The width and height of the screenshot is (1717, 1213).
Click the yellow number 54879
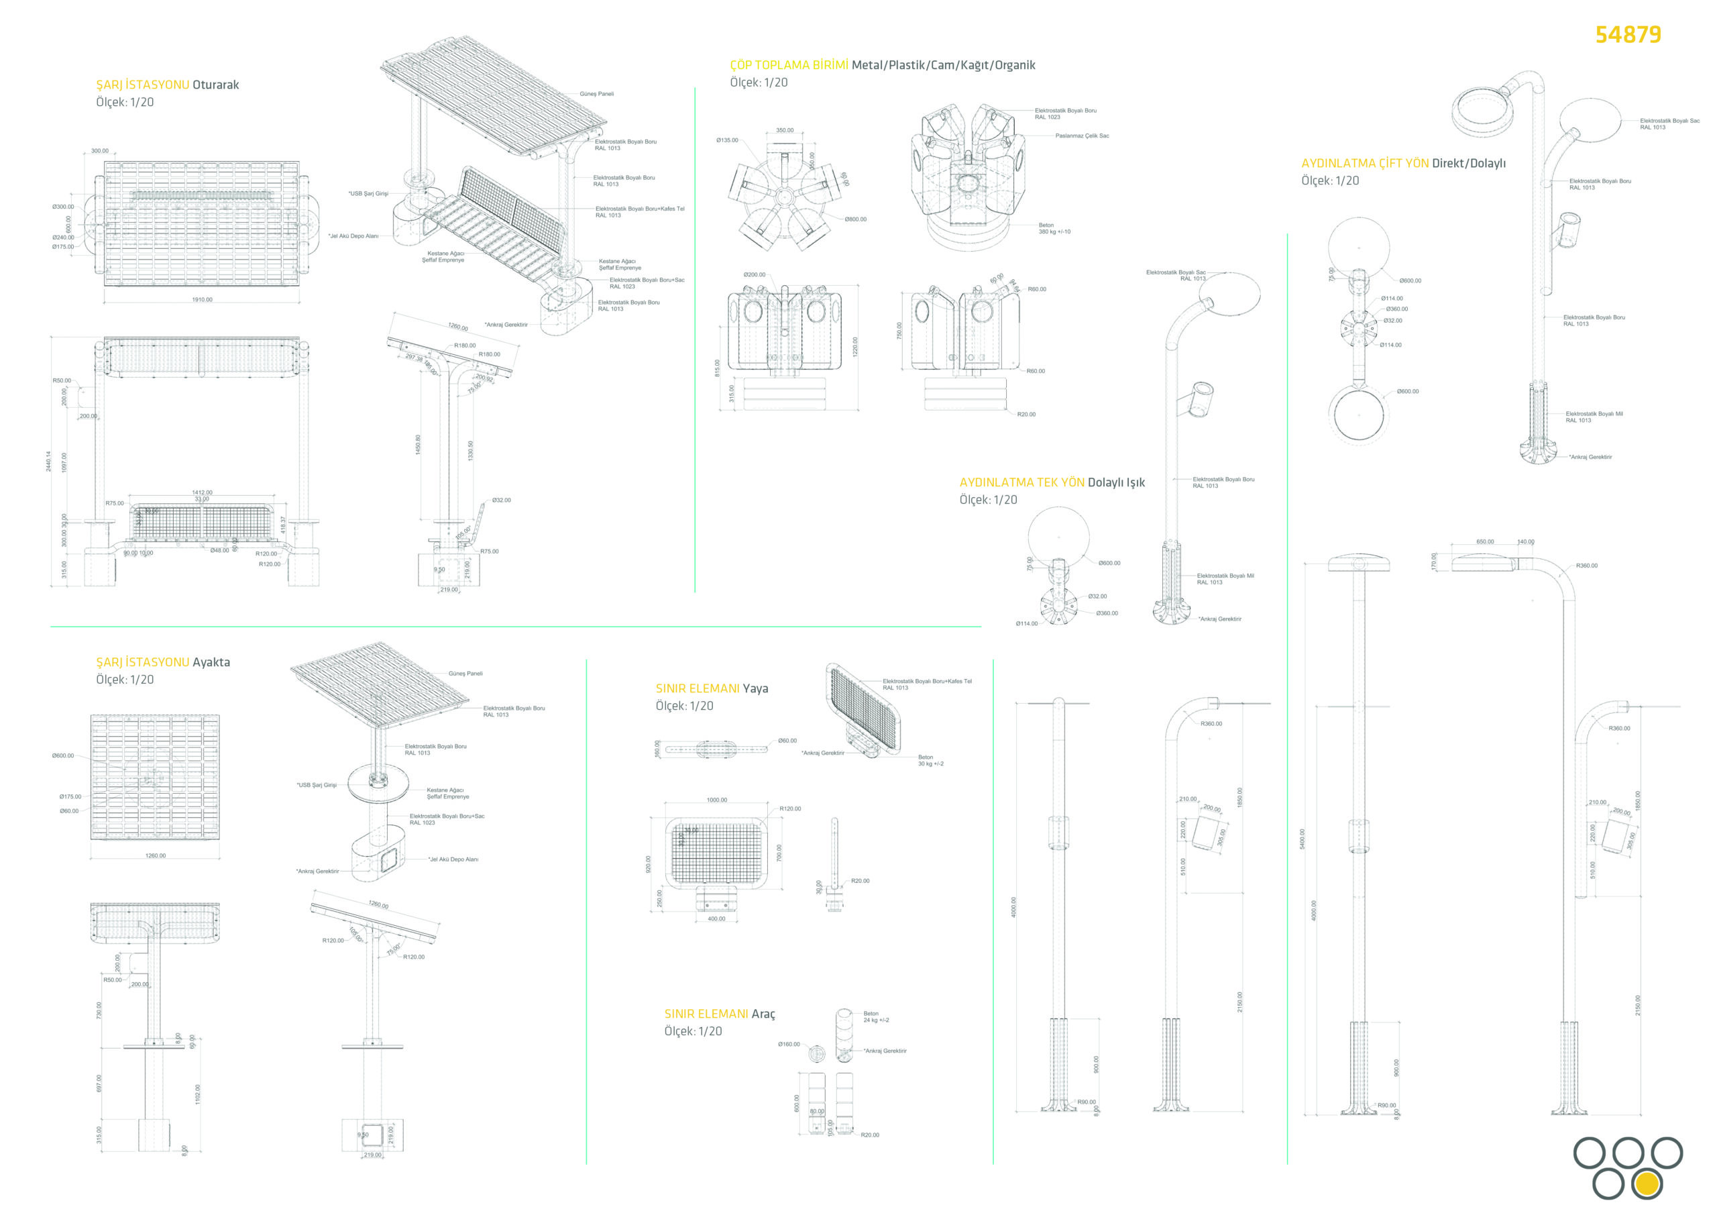[x=1628, y=34]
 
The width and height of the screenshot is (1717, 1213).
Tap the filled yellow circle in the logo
[x=1647, y=1184]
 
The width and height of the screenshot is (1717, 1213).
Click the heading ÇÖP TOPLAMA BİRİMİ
[x=789, y=65]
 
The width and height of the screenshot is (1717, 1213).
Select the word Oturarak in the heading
[x=215, y=85]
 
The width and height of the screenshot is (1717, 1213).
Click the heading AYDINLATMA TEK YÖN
[x=1021, y=482]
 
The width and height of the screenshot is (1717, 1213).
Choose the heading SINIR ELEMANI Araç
[x=720, y=1013]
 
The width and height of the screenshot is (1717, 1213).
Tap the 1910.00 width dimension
[x=202, y=300]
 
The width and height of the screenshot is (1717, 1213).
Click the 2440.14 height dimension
[x=48, y=461]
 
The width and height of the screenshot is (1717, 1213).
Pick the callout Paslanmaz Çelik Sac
[x=1081, y=136]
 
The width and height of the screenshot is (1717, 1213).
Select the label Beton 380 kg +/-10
[x=1054, y=228]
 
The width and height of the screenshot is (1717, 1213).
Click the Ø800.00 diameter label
[x=856, y=220]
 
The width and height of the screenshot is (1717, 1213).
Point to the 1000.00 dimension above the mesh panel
[x=716, y=800]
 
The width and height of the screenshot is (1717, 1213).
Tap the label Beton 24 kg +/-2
[x=876, y=1016]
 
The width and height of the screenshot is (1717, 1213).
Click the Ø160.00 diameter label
[x=788, y=1044]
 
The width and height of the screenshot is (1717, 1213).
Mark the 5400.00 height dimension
[x=1302, y=839]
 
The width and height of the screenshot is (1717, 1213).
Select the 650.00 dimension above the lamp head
[x=1485, y=541]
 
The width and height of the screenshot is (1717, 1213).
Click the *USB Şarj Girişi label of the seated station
[x=368, y=194]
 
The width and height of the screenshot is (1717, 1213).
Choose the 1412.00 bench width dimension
[x=202, y=493]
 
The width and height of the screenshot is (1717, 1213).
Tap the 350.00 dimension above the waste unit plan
[x=785, y=130]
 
